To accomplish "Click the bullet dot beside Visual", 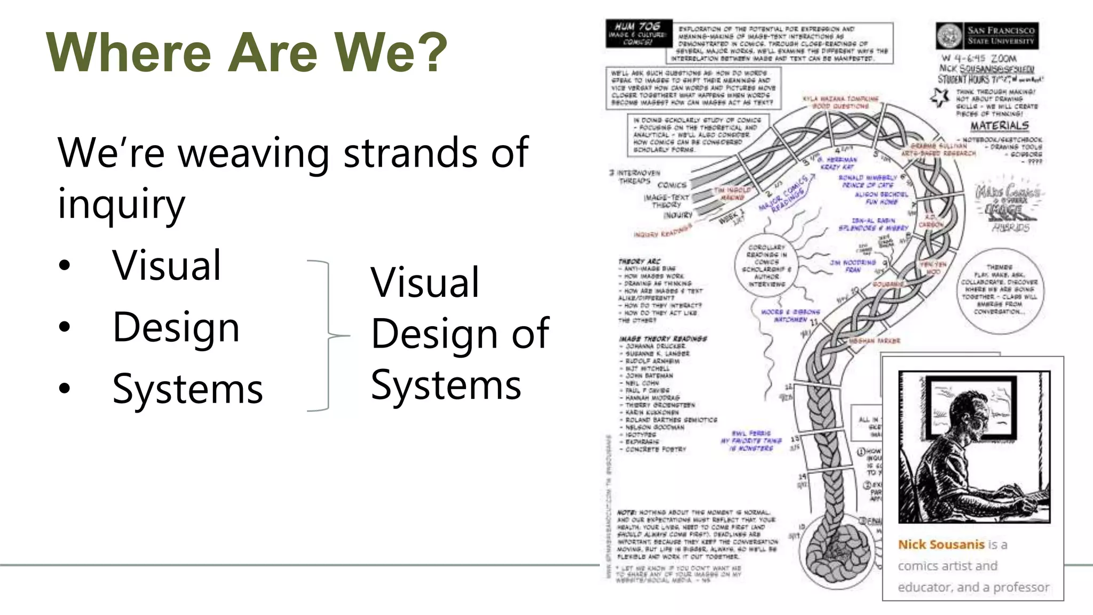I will pos(65,265).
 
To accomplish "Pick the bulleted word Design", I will pos(176,327).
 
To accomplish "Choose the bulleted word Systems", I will pos(187,389).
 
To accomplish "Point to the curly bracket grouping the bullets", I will pos(328,335).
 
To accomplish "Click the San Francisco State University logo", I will pos(949,36).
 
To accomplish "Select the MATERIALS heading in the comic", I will pos(999,126).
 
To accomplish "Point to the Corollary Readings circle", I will pos(766,266).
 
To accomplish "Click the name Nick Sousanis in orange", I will pos(940,545).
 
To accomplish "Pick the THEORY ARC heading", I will pos(639,261).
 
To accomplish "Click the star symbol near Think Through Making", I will pos(940,97).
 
